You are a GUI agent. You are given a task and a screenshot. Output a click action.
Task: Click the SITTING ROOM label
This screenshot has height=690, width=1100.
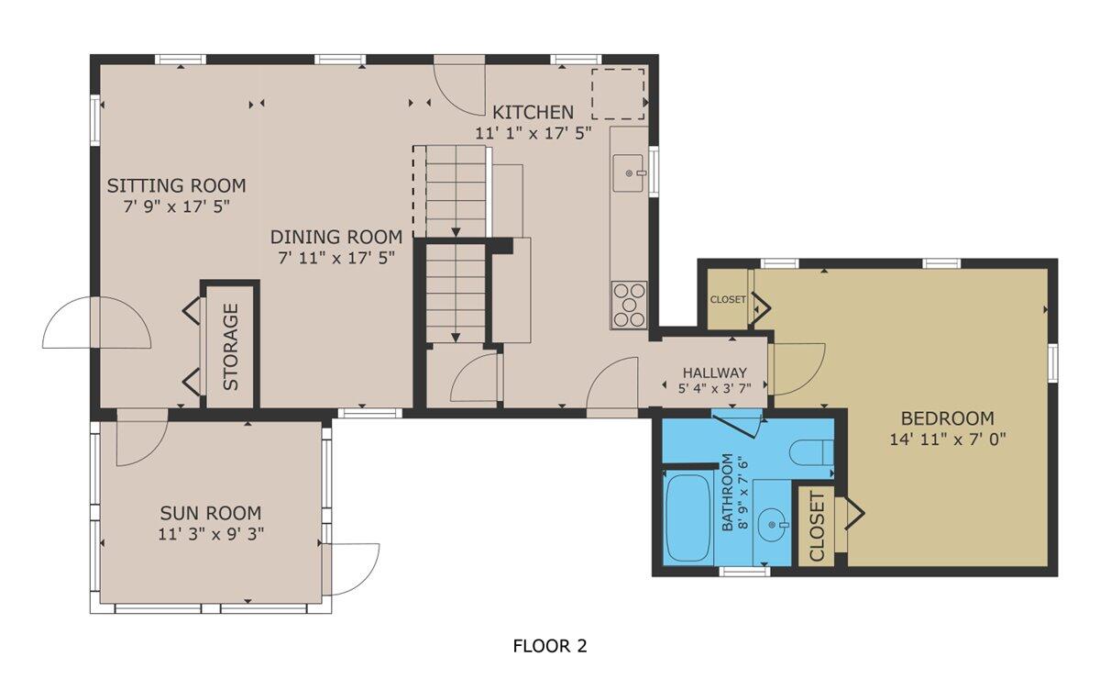176,186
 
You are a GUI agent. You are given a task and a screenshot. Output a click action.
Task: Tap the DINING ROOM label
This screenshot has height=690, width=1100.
339,237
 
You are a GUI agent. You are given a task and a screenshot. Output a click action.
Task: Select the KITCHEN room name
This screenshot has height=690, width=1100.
533,112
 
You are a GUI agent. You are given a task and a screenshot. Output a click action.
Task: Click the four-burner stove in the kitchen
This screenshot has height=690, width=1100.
629,305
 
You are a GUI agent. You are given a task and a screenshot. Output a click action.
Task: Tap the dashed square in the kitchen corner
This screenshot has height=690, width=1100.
618,93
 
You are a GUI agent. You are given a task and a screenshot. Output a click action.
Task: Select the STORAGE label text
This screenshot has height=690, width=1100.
230,347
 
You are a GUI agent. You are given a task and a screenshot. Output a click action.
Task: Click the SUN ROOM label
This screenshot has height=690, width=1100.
210,513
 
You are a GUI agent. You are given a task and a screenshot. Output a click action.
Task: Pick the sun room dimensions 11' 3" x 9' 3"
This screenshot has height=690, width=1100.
210,533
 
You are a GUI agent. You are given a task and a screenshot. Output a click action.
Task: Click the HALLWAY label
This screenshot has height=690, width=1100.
714,373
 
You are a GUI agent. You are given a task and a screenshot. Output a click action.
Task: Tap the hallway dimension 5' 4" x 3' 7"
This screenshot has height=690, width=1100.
714,388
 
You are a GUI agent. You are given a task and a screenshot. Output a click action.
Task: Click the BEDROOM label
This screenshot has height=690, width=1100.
948,418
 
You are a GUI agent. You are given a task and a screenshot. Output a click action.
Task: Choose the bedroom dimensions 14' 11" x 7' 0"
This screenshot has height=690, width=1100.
948,439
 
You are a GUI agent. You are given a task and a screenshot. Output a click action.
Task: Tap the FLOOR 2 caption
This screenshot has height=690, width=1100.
549,646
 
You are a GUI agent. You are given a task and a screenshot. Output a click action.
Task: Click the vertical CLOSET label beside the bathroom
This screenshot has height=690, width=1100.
817,527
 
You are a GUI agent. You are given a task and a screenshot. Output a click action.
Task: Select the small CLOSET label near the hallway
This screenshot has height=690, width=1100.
728,299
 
